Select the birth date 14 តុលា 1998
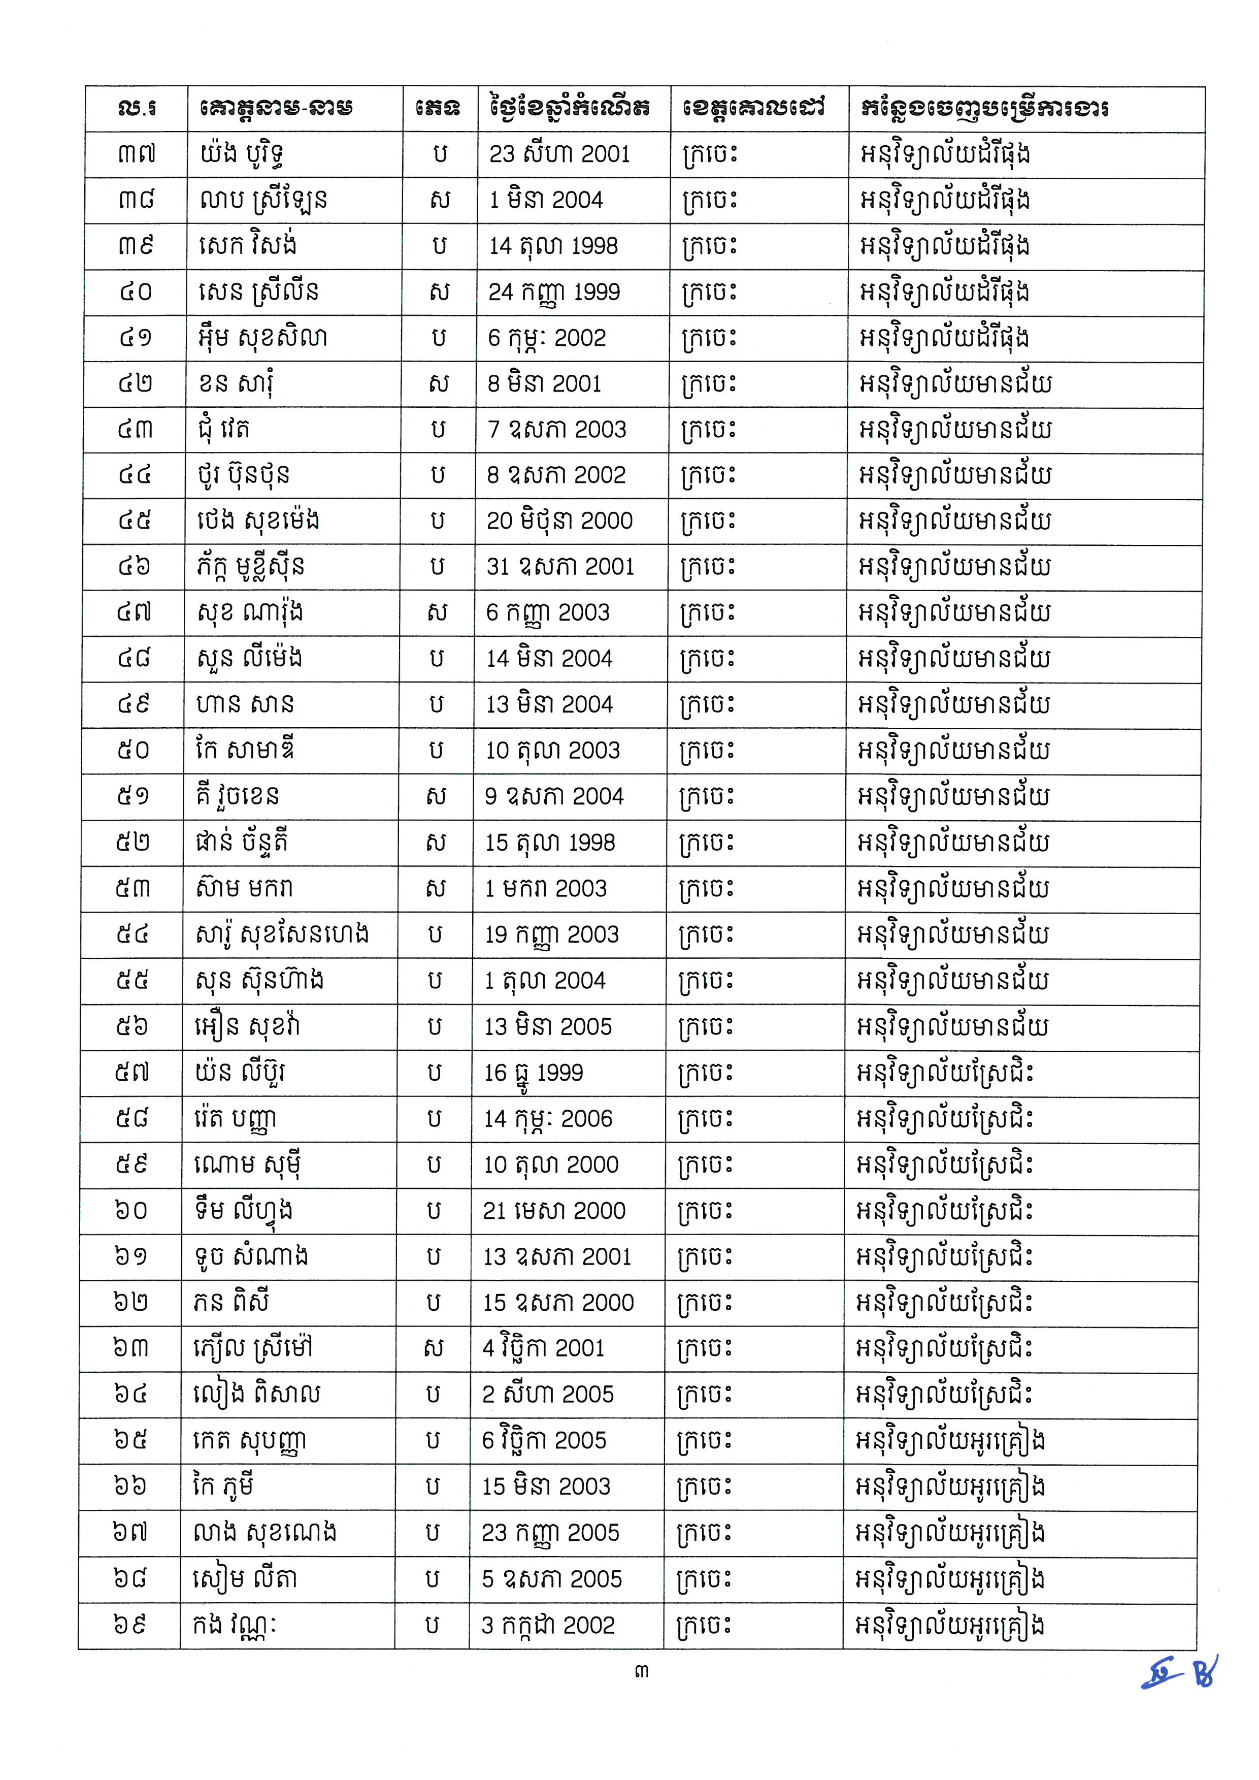pos(553,246)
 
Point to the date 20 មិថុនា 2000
pos(559,521)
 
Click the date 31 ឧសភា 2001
pos(560,567)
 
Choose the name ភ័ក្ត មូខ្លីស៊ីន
pos(250,567)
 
